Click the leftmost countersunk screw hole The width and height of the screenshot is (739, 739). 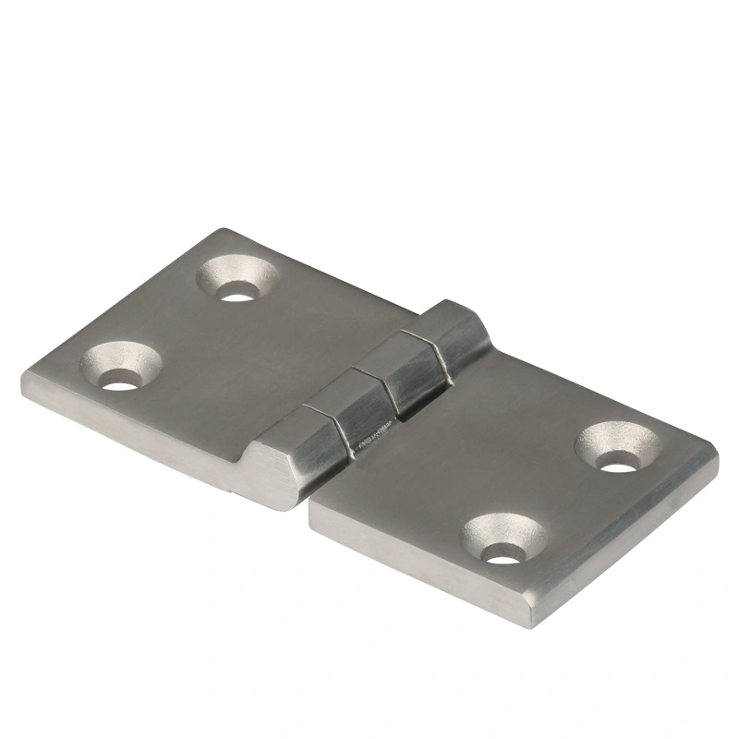(120, 367)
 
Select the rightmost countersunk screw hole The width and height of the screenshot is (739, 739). (618, 447)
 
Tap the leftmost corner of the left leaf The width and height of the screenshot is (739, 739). (23, 383)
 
